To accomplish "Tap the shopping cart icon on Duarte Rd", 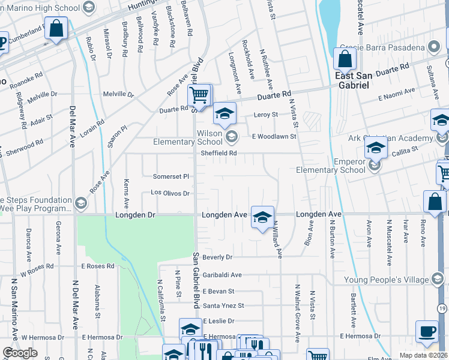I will (199, 94).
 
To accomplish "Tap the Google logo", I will (20, 353).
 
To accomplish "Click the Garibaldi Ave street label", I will (221, 275).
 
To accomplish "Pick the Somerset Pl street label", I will (170, 176).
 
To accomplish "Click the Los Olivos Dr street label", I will (170, 193).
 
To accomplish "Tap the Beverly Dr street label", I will (217, 257).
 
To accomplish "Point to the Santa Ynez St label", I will (223, 305).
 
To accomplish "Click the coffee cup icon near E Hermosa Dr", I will (427, 331).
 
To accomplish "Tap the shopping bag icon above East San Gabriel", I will (345, 59).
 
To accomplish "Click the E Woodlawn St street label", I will (274, 137).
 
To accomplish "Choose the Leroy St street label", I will (267, 115).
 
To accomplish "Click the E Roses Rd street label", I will (98, 266).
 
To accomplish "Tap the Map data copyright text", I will (424, 355).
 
